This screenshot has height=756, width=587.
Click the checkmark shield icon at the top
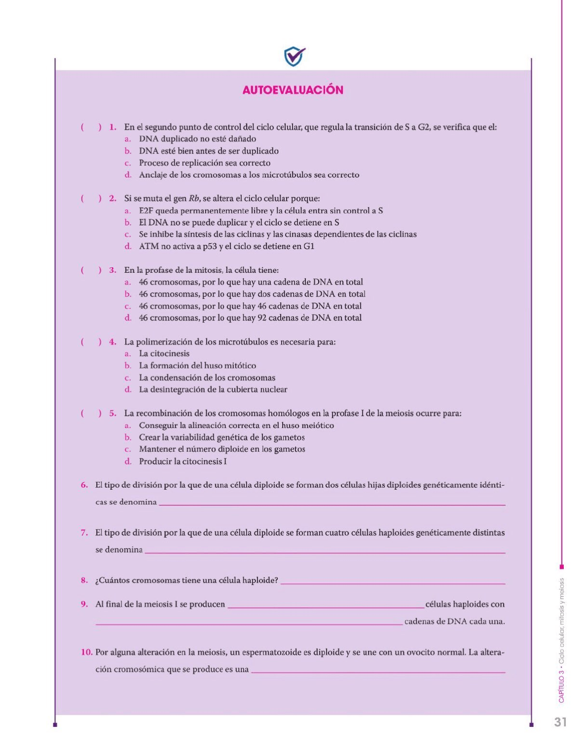pyautogui.click(x=294, y=56)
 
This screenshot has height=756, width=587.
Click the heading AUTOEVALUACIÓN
pyautogui.click(x=293, y=90)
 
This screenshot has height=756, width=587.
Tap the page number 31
pyautogui.click(x=560, y=722)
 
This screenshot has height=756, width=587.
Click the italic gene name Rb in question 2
pyautogui.click(x=194, y=199)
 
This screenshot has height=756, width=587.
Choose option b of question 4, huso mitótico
pyautogui.click(x=197, y=365)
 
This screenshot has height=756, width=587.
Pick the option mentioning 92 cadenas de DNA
pyautogui.click(x=250, y=318)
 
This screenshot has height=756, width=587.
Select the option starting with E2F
pyautogui.click(x=260, y=211)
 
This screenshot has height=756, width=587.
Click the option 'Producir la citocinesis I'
pyautogui.click(x=183, y=462)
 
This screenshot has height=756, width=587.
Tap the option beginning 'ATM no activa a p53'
pyautogui.click(x=226, y=246)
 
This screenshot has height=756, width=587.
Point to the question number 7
pyautogui.click(x=84, y=533)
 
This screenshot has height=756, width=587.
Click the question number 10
pyautogui.click(x=86, y=652)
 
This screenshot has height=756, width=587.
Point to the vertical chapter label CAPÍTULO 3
pyautogui.click(x=561, y=687)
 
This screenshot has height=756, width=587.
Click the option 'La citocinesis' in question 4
pyautogui.click(x=164, y=354)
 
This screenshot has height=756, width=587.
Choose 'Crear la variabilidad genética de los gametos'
pyautogui.click(x=221, y=437)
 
